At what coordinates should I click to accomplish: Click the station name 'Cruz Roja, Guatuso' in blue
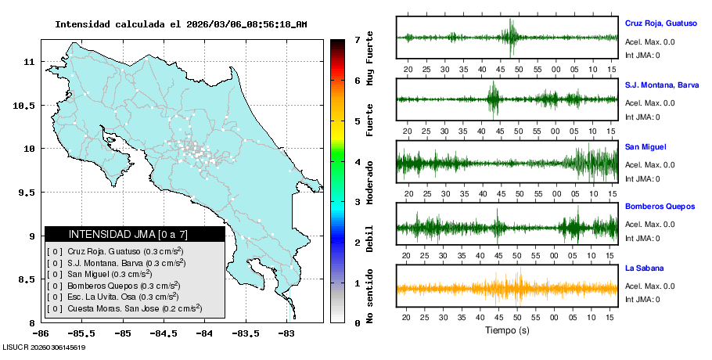tap(660, 23)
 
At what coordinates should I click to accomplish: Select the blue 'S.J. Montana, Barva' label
tap(662, 85)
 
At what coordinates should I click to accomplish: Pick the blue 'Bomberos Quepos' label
tap(660, 207)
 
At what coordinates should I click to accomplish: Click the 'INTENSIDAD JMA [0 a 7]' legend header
tap(135, 234)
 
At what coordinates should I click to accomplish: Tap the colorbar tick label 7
tap(356, 39)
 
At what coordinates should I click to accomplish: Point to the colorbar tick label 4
tap(356, 162)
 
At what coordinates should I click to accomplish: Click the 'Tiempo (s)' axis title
tap(508, 330)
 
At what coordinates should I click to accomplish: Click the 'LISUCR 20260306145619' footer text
tap(44, 347)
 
